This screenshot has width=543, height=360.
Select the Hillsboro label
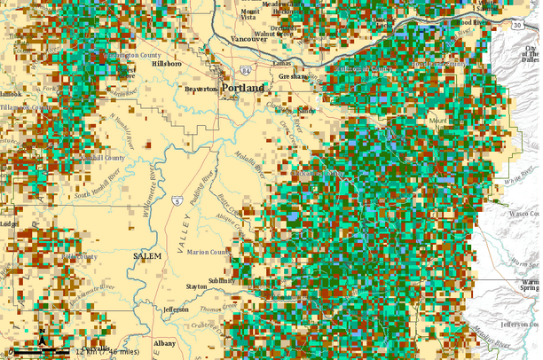tap(166, 65)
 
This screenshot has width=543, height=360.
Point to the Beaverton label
tap(201, 90)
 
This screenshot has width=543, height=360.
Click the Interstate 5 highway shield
tap(178, 201)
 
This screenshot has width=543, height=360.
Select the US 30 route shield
tap(516, 26)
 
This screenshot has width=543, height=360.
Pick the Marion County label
tap(208, 253)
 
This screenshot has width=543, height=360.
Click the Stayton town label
tap(196, 287)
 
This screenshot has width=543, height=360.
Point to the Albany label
tap(164, 342)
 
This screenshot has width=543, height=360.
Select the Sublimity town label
tap(222, 281)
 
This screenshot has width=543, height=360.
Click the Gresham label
tap(291, 77)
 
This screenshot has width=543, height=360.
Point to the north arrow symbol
tap(42, 338)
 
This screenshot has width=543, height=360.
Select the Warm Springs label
tap(530, 284)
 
